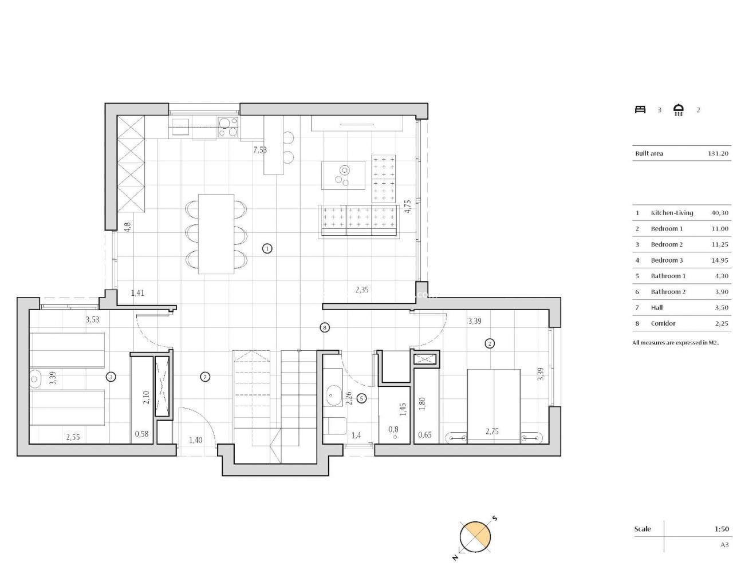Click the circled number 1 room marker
267,249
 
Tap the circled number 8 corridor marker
325,327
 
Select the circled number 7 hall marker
204,377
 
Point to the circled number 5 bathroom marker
361,398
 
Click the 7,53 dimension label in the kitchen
260,150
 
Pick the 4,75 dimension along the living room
407,207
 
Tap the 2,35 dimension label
362,290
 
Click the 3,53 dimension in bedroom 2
92,319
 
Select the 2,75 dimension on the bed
492,431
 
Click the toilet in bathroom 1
334,426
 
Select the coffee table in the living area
343,175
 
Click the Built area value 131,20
718,153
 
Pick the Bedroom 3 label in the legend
667,260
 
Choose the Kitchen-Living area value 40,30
720,213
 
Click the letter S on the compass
495,518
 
